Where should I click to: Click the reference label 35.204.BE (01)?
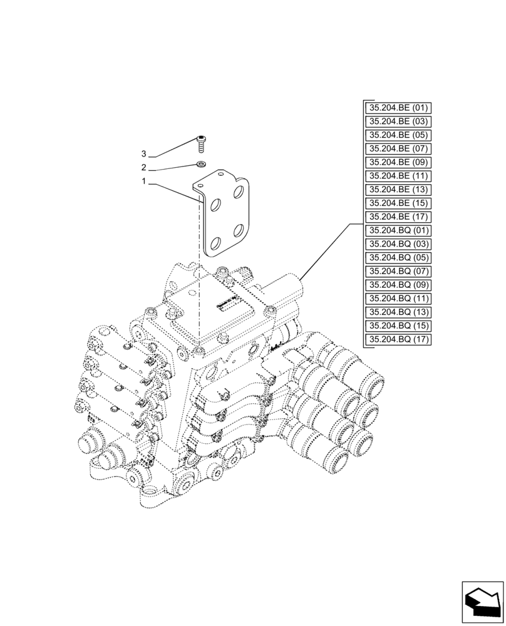(x=398, y=108)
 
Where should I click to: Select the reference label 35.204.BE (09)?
(x=398, y=162)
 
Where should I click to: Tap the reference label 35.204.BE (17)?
(x=398, y=217)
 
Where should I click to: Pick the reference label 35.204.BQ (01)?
(x=398, y=230)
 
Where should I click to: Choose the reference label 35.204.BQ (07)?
(x=398, y=271)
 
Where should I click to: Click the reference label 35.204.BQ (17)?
(x=398, y=339)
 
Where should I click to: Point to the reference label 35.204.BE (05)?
(x=398, y=135)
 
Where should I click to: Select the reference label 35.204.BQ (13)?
(x=398, y=312)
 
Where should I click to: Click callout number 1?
(x=144, y=182)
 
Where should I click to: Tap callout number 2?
(x=144, y=168)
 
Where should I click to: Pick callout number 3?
(x=144, y=154)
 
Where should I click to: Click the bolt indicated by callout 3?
(x=201, y=144)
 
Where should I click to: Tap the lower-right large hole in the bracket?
(x=239, y=232)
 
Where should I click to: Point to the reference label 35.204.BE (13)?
(x=398, y=190)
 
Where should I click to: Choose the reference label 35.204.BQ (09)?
(x=398, y=285)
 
